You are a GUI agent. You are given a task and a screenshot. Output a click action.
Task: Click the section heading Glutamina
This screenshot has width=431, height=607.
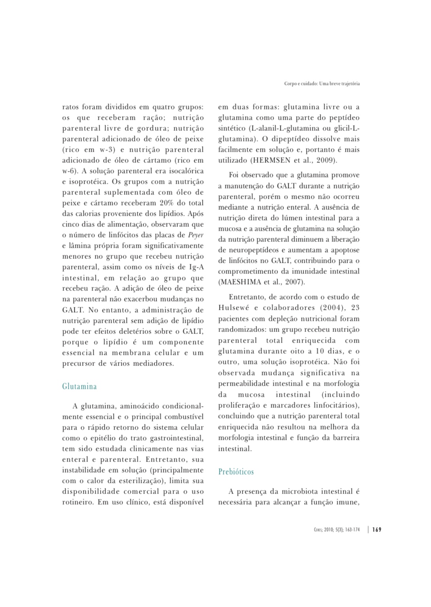click(79, 386)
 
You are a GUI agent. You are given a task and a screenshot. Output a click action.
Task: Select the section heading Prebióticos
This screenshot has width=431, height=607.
click(236, 472)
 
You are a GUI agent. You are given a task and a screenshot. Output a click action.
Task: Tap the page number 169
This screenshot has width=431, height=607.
click(377, 530)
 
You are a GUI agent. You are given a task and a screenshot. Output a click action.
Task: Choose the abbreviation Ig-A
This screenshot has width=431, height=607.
click(197, 267)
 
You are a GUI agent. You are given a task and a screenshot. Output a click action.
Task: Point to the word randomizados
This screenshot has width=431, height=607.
click(241, 330)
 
